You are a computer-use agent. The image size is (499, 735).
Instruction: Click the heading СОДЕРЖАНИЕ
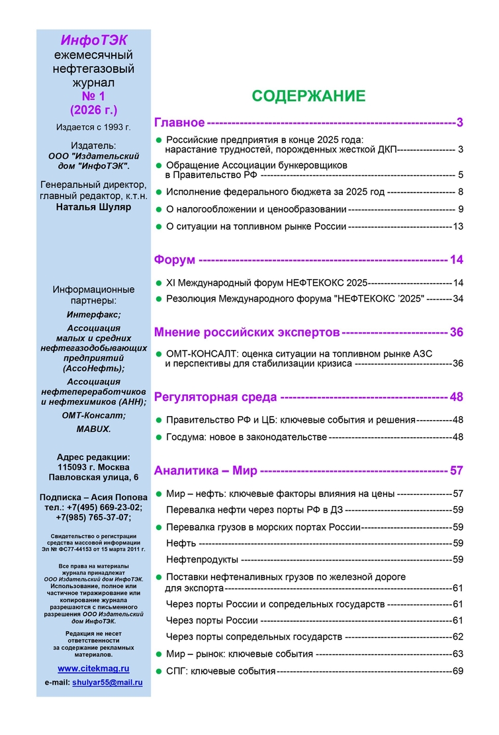coord(308,96)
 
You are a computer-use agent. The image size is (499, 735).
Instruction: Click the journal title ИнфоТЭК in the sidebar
coord(93,41)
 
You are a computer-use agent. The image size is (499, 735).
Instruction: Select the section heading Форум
coord(175,259)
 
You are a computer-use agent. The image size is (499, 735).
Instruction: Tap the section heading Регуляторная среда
coord(215,397)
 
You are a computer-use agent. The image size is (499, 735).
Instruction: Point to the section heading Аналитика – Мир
coord(204,471)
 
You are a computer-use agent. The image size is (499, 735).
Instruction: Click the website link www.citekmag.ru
coord(93,669)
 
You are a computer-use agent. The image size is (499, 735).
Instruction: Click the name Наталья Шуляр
coord(93,207)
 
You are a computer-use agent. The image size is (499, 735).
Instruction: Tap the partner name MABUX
coord(93,429)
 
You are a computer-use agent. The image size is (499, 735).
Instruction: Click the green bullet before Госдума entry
coord(158,437)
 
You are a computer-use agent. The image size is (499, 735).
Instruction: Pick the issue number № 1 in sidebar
coord(93,96)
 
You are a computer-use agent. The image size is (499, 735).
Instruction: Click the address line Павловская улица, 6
coord(93,477)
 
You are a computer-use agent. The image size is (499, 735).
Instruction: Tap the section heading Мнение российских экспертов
coord(247,332)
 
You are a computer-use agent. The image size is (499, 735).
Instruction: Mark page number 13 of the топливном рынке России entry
coord(457,226)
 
